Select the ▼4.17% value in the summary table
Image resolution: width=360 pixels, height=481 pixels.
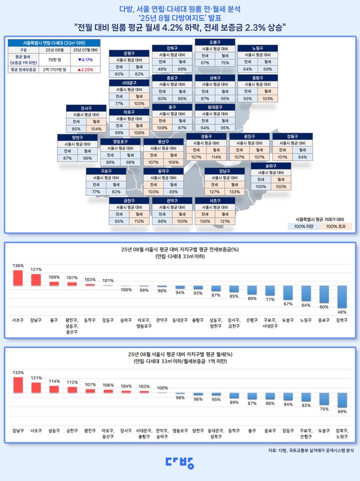tap(85, 60)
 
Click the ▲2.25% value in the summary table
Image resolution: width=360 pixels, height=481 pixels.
tap(85, 69)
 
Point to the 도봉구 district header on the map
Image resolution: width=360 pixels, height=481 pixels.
tap(215, 42)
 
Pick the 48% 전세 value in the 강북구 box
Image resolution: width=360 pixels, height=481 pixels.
tap(162, 69)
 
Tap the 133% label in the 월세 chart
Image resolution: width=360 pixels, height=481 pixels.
tap(18, 372)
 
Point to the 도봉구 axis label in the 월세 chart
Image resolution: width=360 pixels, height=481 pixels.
tap(324, 429)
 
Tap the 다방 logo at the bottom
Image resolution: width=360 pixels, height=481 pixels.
tap(179, 463)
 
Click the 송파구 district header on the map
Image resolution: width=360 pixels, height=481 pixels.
tap(270, 165)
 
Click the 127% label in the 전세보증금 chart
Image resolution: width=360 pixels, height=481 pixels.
tap(36, 270)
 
